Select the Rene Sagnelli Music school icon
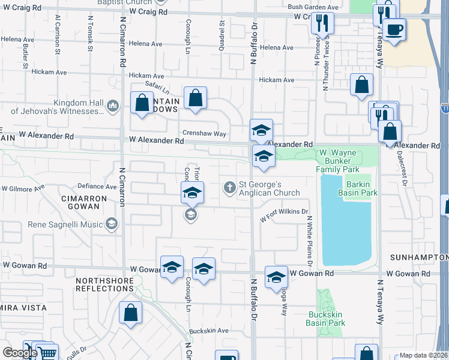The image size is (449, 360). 111,224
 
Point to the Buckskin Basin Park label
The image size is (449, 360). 326,319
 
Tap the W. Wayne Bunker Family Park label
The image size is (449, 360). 348,160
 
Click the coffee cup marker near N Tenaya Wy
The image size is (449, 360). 394,30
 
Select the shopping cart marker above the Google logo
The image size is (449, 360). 47,353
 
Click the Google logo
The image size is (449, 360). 20,352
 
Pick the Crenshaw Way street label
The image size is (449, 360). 205,133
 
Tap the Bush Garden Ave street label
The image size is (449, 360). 313,7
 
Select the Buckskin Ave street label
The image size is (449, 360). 208,331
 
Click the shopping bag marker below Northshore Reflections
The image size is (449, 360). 130,312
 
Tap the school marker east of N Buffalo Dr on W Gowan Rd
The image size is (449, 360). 276,277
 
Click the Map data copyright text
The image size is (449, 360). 423,355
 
